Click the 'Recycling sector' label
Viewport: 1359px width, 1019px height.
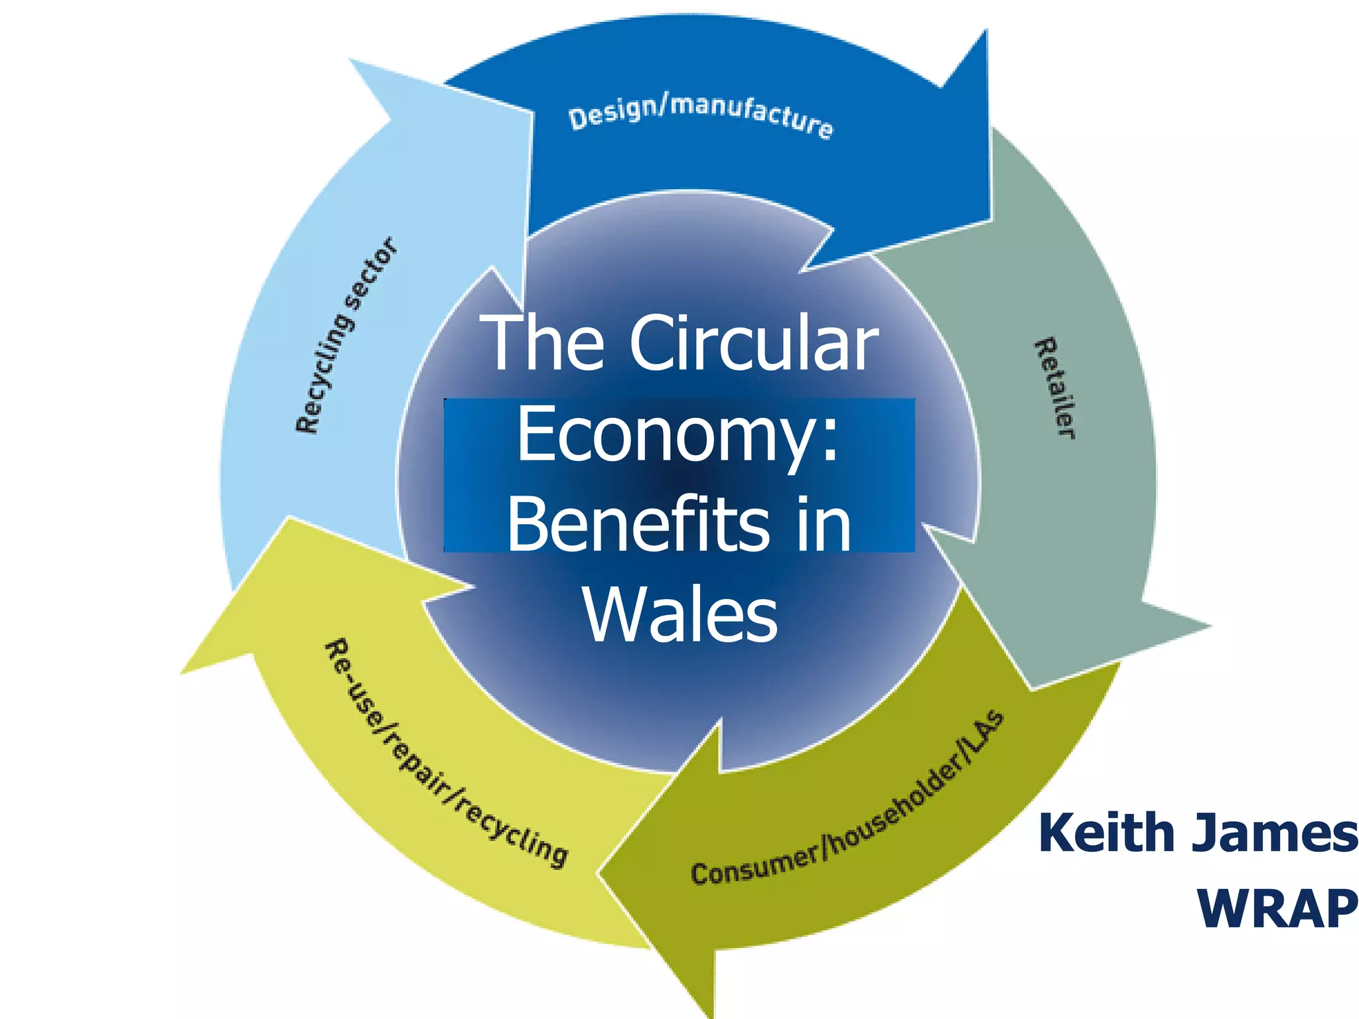pyautogui.click(x=346, y=335)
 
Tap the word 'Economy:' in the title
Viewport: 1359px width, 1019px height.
pyautogui.click(x=678, y=435)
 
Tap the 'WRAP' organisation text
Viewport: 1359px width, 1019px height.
pyautogui.click(x=1277, y=909)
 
